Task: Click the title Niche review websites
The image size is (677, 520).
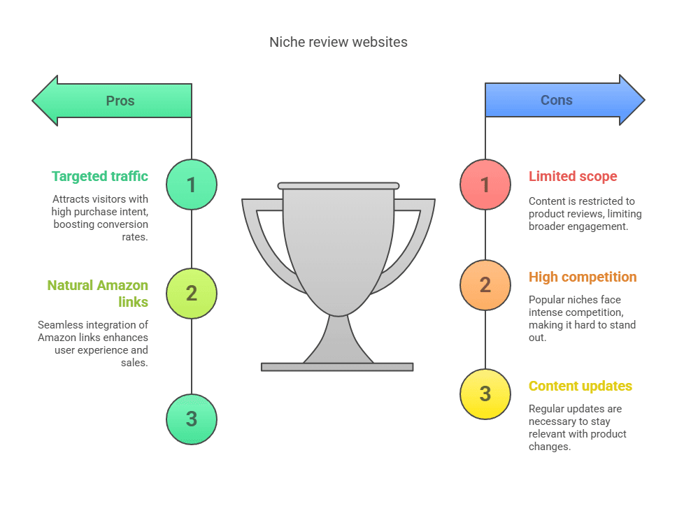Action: [338, 42]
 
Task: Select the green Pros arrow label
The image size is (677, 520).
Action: [120, 101]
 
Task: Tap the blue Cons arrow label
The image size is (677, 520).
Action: [557, 100]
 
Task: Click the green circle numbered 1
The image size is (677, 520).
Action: [192, 185]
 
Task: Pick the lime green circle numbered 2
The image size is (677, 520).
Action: [192, 294]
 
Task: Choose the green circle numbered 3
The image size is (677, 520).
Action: [192, 419]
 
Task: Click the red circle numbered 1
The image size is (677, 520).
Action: [485, 185]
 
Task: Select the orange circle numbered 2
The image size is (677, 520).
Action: [485, 285]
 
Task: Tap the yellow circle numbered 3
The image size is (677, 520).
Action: [485, 394]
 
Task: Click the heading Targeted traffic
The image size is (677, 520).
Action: [100, 176]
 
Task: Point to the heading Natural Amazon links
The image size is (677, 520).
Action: [98, 294]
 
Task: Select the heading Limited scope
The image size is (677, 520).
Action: [573, 176]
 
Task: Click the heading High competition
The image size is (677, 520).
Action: [583, 277]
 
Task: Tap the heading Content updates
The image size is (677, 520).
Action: [580, 386]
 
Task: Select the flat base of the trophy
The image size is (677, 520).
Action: [337, 367]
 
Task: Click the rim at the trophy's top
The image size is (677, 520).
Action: [338, 186]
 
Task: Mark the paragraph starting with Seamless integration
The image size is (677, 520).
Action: [93, 344]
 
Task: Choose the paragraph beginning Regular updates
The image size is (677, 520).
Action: [578, 428]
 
